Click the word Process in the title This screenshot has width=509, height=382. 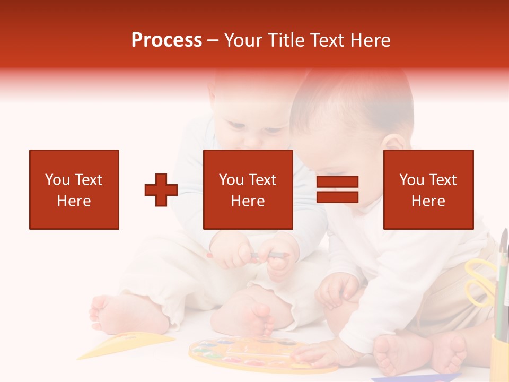[x=166, y=40]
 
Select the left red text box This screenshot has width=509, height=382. [x=74, y=189]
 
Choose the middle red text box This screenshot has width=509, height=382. [x=248, y=189]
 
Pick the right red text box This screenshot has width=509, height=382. [x=428, y=189]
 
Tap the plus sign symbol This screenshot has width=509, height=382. [x=161, y=190]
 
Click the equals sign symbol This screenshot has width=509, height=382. [x=337, y=189]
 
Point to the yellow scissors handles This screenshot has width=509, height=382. [x=479, y=281]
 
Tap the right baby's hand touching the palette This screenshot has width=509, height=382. [x=318, y=353]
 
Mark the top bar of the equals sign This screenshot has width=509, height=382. [x=337, y=182]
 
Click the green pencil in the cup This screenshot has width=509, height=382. [x=501, y=292]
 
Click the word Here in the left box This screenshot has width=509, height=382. [x=74, y=201]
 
